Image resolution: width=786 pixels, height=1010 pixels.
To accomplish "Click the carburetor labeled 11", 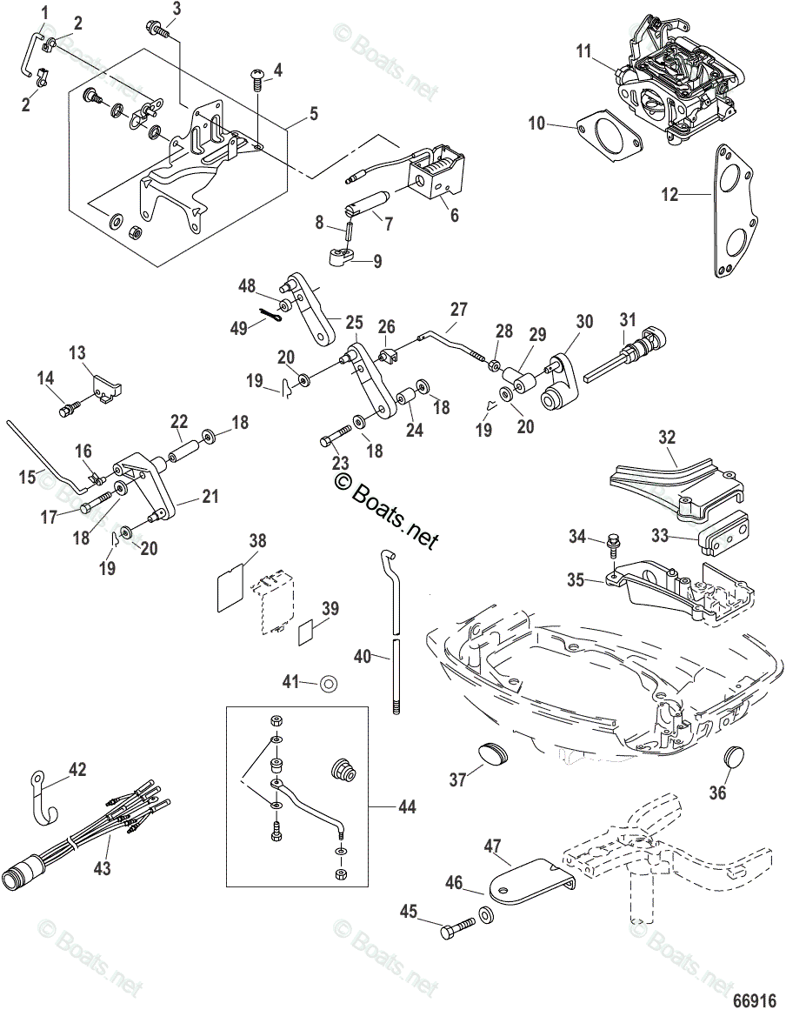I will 674,87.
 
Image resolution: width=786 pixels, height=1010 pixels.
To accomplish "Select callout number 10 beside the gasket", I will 536,124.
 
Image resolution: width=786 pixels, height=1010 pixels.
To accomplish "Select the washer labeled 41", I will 330,684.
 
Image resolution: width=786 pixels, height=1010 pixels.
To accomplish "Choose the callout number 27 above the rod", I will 458,311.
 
